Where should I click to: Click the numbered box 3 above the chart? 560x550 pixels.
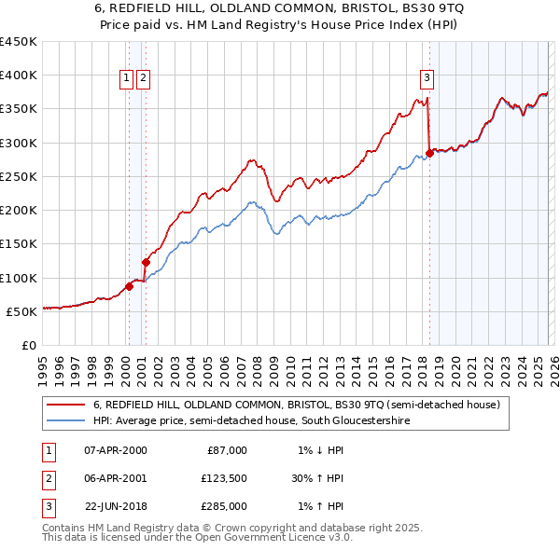pyautogui.click(x=427, y=78)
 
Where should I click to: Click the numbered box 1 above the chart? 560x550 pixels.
pyautogui.click(x=126, y=78)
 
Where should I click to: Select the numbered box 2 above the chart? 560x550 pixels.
pyautogui.click(x=143, y=78)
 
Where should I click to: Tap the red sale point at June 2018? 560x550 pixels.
pyautogui.click(x=429, y=153)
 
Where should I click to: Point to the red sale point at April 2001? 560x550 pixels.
pyautogui.click(x=146, y=262)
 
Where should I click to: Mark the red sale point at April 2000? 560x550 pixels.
pyautogui.click(x=129, y=286)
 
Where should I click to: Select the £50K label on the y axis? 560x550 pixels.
pyautogui.click(x=21, y=311)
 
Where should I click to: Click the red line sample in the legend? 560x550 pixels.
pyautogui.click(x=65, y=406)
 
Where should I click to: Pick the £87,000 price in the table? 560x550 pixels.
pyautogui.click(x=226, y=450)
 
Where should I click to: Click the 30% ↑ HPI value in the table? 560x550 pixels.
pyautogui.click(x=317, y=478)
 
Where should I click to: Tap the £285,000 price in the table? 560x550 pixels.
pyautogui.click(x=224, y=506)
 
